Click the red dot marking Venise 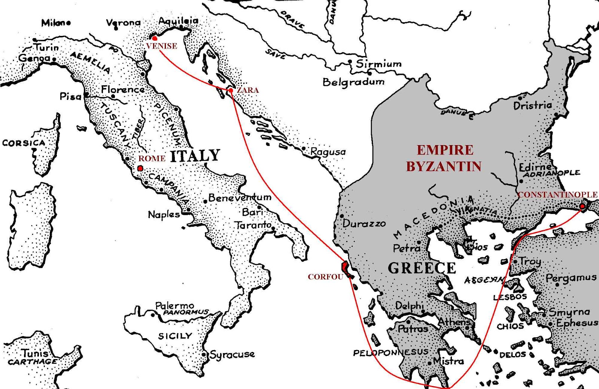click(154, 38)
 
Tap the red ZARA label click(247, 90)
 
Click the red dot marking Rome click(140, 169)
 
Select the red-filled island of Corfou click(345, 269)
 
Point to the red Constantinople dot click(582, 206)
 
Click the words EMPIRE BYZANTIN click(444, 158)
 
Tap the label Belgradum click(353, 82)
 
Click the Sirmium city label click(378, 64)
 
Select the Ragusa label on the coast click(328, 152)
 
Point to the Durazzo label click(364, 224)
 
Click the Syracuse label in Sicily click(232, 354)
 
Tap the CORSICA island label click(23, 143)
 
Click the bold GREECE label click(422, 268)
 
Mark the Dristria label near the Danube click(532, 105)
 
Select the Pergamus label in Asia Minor click(571, 278)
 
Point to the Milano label click(56, 23)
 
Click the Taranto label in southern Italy click(253, 225)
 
